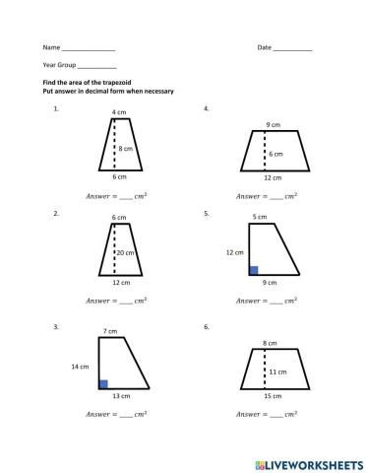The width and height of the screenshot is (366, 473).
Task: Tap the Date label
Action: [x=264, y=47]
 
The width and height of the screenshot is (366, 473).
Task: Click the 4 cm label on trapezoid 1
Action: [x=119, y=112]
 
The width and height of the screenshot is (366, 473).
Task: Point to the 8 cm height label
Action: [x=126, y=148]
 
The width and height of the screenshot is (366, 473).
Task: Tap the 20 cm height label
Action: [x=128, y=252]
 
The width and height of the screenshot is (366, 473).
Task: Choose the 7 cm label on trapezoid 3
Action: [x=110, y=330]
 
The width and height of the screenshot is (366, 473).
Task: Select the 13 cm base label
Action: [x=118, y=397]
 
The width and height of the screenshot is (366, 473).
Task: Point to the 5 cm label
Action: [x=260, y=216]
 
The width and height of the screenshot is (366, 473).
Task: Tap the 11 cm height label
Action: [x=277, y=372]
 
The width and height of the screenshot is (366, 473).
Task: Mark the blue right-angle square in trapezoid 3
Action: [x=103, y=383]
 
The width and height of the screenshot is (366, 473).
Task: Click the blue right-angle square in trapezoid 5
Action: [x=253, y=269]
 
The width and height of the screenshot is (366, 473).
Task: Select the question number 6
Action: [x=205, y=326]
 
